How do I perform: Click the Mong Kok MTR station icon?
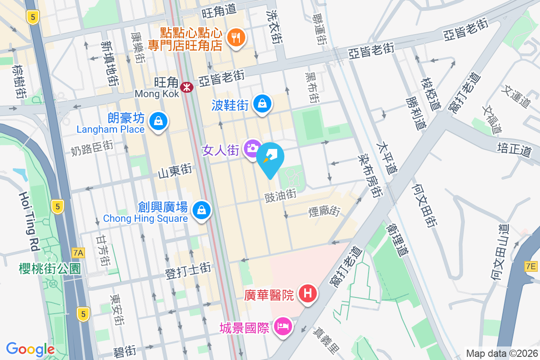[185, 87]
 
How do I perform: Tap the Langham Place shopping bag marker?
[158, 121]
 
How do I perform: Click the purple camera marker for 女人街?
[252, 148]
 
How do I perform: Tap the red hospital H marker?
[308, 294]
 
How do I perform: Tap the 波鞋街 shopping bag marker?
[262, 103]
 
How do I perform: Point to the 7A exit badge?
[78, 253]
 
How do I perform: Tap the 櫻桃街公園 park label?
[50, 269]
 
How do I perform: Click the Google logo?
[31, 349]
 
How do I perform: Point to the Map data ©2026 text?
[501, 353]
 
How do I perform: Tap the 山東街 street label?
[175, 172]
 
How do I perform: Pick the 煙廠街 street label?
[324, 210]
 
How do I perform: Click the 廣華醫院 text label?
[269, 295]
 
